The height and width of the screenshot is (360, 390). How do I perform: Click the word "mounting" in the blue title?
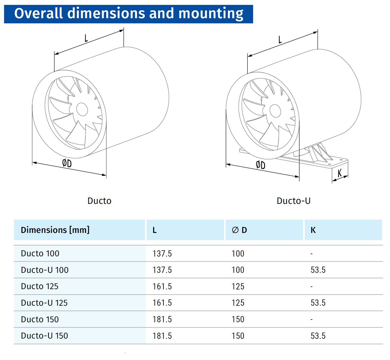click(211, 13)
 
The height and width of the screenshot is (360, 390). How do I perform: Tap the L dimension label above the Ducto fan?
click(86, 38)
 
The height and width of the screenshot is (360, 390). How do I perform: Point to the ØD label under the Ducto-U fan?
click(261, 165)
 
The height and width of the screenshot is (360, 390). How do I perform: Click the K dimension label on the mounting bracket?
click(340, 173)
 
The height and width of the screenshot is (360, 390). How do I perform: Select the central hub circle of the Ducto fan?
click(82, 109)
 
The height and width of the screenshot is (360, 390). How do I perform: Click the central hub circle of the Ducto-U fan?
click(275, 111)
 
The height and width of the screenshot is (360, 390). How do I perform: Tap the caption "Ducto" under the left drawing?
click(99, 201)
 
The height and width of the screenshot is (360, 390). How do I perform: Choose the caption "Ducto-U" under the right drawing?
click(293, 201)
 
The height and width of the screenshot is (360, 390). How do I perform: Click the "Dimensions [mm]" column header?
click(55, 230)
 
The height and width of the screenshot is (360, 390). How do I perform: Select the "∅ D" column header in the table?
click(239, 230)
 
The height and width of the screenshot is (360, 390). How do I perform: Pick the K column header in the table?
click(313, 230)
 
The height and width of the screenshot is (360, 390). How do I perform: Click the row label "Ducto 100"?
click(40, 253)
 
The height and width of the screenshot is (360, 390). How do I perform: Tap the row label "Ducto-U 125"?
click(44, 303)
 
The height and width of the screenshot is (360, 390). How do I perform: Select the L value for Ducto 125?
click(162, 286)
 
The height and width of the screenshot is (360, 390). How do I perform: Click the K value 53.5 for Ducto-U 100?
click(318, 270)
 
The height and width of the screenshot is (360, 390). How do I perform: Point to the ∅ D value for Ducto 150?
click(238, 319)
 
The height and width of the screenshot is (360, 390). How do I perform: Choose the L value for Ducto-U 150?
click(162, 336)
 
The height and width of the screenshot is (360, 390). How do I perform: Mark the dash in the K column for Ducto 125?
click(312, 286)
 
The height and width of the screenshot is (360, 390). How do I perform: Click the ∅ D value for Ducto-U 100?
click(238, 270)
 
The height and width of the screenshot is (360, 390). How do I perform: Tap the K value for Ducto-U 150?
click(318, 336)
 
